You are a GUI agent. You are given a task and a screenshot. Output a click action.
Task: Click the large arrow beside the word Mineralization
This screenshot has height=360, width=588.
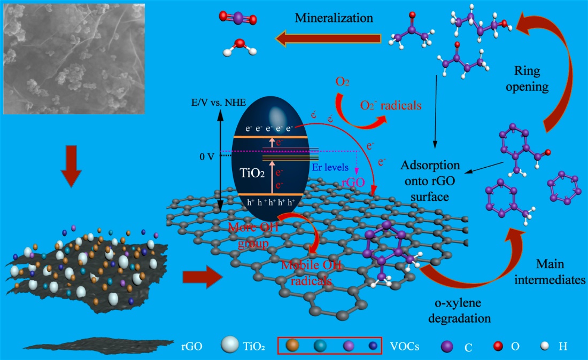point(329,37)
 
